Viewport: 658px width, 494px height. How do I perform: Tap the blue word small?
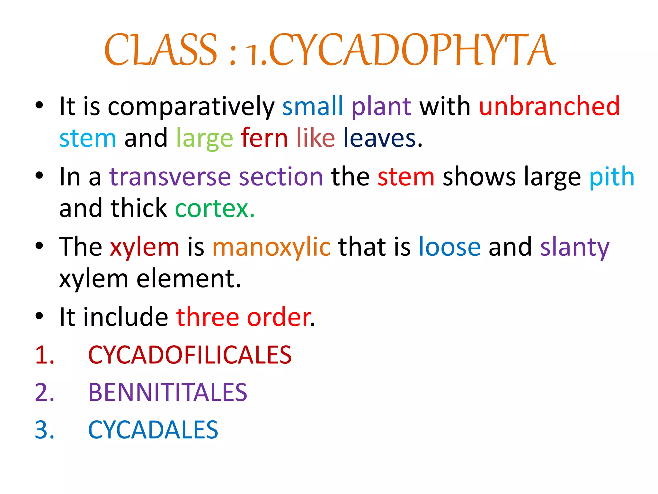click(x=313, y=106)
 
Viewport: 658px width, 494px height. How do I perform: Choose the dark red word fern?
click(x=264, y=138)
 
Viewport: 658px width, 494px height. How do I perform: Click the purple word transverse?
click(x=170, y=177)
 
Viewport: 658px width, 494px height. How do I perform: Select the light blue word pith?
click(x=612, y=177)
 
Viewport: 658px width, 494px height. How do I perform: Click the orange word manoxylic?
click(x=271, y=247)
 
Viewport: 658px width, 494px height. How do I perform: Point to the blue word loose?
click(x=450, y=247)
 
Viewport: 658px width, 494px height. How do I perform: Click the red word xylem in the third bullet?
click(x=145, y=247)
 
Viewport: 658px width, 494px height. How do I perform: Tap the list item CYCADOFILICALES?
click(x=190, y=355)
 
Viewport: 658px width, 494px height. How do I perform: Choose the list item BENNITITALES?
click(x=168, y=392)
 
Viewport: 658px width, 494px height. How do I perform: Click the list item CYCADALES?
click(x=153, y=430)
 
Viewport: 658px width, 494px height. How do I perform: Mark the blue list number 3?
click(x=44, y=430)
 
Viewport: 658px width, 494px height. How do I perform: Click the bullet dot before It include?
click(x=39, y=316)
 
